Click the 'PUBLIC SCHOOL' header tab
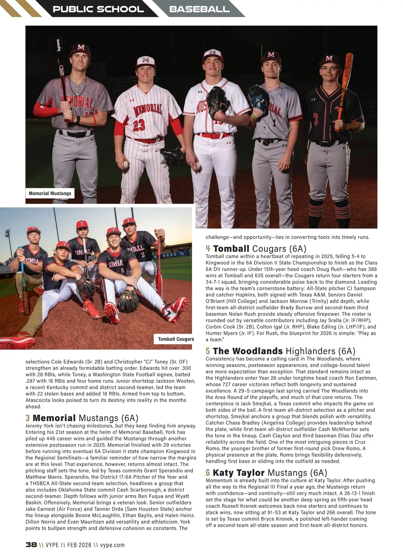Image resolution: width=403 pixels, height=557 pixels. coord(98,9)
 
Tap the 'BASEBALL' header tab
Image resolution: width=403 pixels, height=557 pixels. coord(199,9)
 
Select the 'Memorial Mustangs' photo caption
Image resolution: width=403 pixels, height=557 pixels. coord(50,193)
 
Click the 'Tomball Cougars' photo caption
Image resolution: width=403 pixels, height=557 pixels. coord(176,339)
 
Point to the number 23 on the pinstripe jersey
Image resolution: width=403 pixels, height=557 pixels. coord(139,125)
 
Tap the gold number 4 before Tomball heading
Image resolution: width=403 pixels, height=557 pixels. coord(208,249)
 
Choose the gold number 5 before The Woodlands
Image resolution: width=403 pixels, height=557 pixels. coord(208,351)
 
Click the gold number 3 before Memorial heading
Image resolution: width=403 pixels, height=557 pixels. coord(28,418)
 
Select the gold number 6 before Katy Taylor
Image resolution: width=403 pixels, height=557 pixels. coord(208,473)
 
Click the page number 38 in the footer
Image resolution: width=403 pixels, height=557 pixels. coord(31,545)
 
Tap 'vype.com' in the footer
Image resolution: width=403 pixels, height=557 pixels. coord(112,545)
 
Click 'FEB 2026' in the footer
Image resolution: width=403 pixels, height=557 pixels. coord(79,545)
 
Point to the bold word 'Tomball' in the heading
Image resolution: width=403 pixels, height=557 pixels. coord(231,249)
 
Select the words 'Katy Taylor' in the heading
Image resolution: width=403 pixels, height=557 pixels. coord(239,473)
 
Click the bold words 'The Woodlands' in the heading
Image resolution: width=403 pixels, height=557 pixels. coord(248,351)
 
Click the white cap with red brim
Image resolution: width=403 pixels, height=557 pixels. coord(145,62)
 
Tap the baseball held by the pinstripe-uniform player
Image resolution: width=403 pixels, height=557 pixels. coord(126,164)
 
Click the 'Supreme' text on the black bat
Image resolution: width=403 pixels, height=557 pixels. coord(59,45)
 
